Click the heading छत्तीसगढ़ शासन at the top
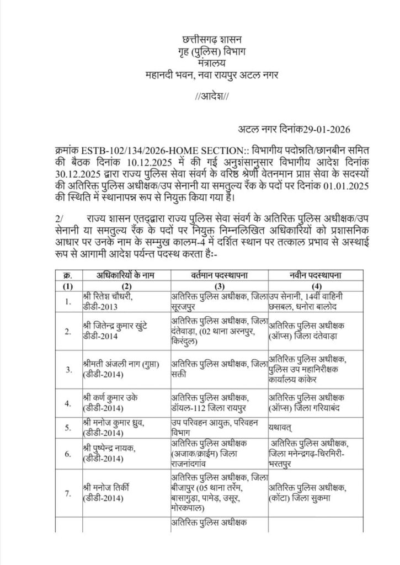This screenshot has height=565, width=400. tap(200, 40)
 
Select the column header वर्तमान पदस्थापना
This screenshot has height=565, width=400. tap(220, 275)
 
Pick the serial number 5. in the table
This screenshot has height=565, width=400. tap(68, 427)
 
